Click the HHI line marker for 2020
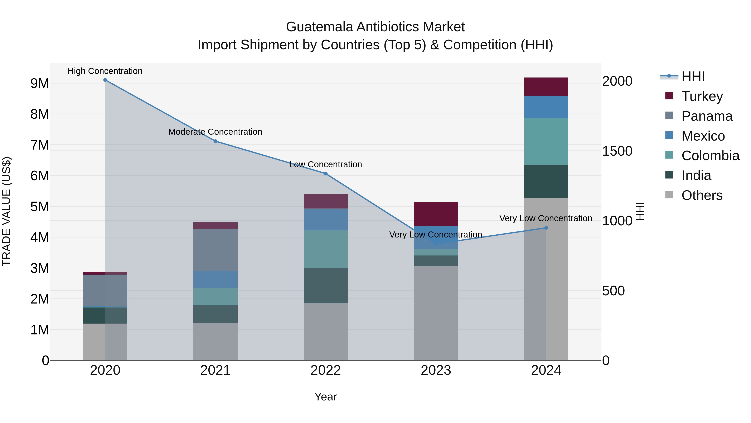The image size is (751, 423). pyautogui.click(x=105, y=80)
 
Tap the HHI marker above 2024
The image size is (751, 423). pyautogui.click(x=546, y=228)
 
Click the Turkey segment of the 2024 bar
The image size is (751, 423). pyautogui.click(x=546, y=87)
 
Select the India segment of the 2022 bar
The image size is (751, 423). pyautogui.click(x=326, y=286)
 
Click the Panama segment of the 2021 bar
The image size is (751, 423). pyautogui.click(x=215, y=250)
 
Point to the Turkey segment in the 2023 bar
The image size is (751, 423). pyautogui.click(x=436, y=214)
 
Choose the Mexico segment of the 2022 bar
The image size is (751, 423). pyautogui.click(x=326, y=220)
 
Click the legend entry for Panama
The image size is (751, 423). pyautogui.click(x=707, y=116)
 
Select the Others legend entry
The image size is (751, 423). pyautogui.click(x=702, y=195)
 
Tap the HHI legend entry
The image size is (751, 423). pyautogui.click(x=693, y=76)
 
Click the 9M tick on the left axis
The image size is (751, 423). pyautogui.click(x=40, y=84)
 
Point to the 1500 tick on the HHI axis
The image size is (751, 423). pyautogui.click(x=617, y=151)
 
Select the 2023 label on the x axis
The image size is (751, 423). pyautogui.click(x=436, y=370)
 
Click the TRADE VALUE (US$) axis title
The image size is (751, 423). pyautogui.click(x=6, y=211)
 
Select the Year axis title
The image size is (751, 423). pyautogui.click(x=325, y=397)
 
